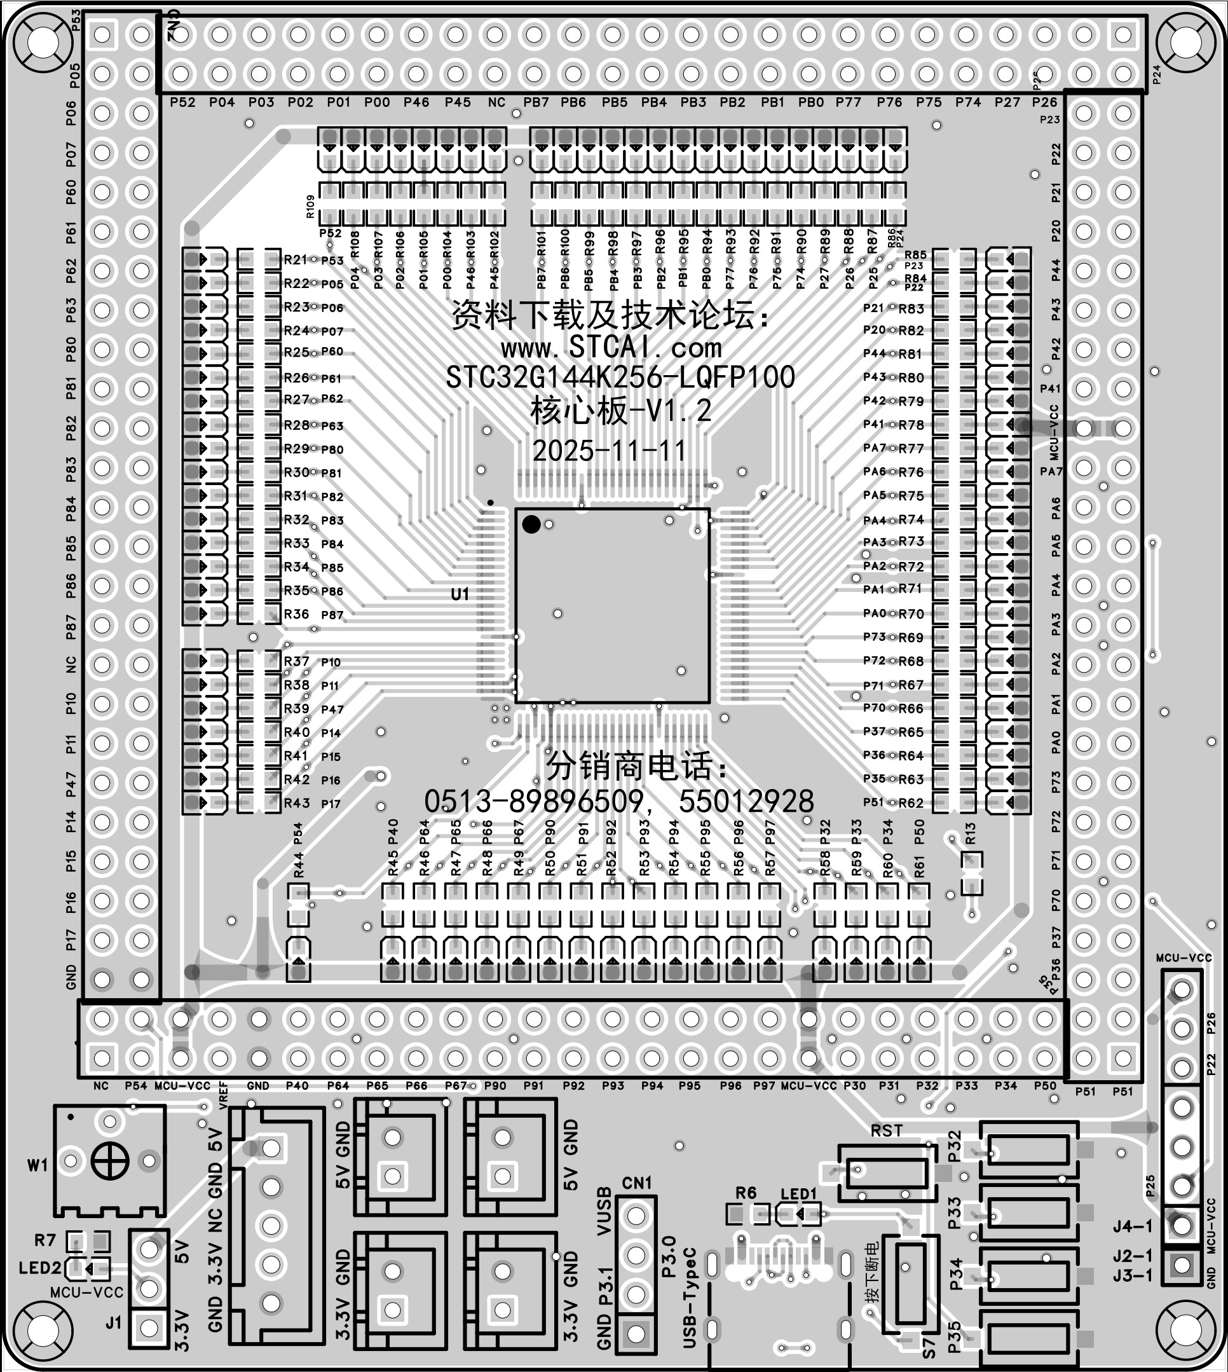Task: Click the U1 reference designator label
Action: coord(460,594)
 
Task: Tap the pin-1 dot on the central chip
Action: coord(531,525)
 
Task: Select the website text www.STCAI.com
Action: coord(611,348)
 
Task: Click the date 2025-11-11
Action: coord(610,450)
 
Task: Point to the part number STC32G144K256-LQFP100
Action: coord(620,377)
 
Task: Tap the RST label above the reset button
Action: coord(886,1130)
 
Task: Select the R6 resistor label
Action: coord(746,1193)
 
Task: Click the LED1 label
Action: coord(798,1194)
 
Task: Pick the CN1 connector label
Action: coord(637,1183)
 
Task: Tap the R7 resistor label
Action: coord(45,1240)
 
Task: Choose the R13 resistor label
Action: coord(971,833)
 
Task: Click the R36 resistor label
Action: coord(296,614)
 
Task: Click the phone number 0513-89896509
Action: coord(533,802)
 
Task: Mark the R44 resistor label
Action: coord(298,865)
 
